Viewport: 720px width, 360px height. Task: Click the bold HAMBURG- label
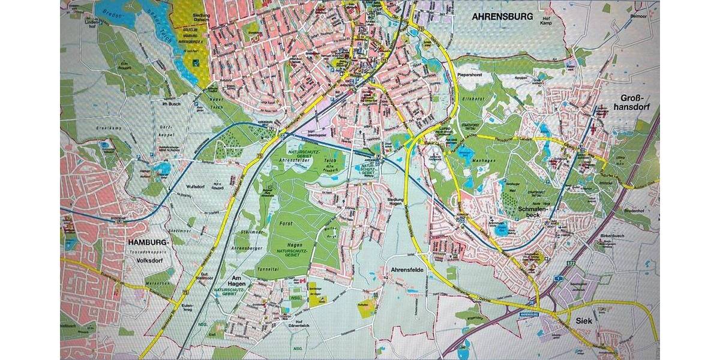tap(149, 242)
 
